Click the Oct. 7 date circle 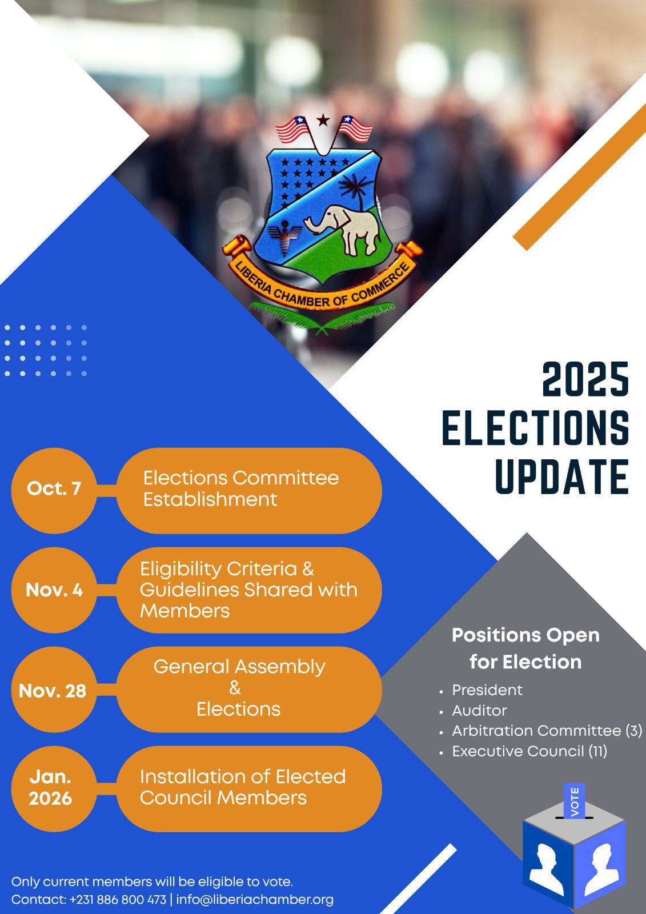click(54, 491)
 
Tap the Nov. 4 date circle click(54, 590)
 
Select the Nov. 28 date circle click(54, 689)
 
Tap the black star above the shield click(323, 120)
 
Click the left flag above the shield click(293, 130)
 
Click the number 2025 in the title click(585, 379)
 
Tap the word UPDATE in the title click(562, 476)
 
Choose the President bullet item click(487, 690)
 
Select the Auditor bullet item click(479, 711)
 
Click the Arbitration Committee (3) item click(547, 731)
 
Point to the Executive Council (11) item click(529, 751)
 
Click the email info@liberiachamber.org click(255, 899)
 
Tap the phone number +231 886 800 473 click(118, 899)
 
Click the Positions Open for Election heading click(525, 648)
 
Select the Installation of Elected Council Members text click(243, 787)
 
